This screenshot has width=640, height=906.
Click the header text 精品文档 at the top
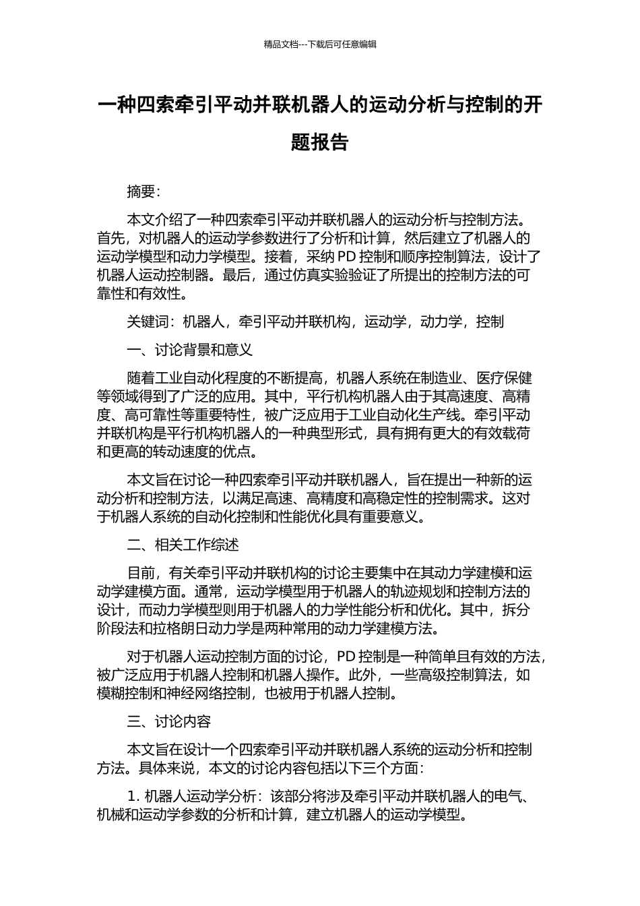pos(281,44)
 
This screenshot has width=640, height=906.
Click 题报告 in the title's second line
pos(320,142)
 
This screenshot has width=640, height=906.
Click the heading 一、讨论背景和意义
pos(190,350)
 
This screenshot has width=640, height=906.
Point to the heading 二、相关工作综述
pos(183,545)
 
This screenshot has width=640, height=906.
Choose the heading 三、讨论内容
pos(169,721)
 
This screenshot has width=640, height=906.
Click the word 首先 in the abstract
pos(110,238)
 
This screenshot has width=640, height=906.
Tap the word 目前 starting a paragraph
pos(141,573)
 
